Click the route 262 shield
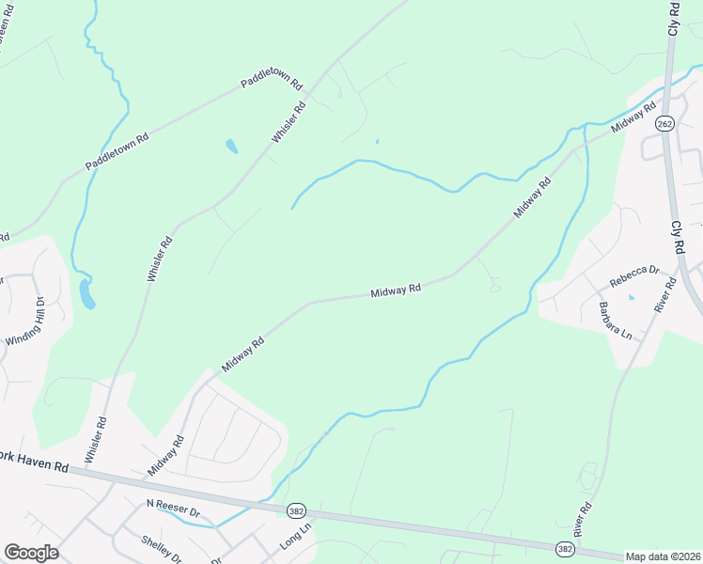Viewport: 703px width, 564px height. click(665, 124)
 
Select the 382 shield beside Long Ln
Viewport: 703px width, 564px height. click(295, 509)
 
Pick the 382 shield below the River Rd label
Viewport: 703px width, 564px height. click(565, 548)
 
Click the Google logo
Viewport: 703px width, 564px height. click(31, 552)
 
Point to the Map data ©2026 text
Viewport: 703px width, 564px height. click(663, 556)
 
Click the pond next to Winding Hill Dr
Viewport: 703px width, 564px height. click(86, 294)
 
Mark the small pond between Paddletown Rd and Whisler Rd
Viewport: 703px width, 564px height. click(231, 146)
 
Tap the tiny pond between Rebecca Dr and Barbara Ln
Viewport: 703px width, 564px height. click(631, 298)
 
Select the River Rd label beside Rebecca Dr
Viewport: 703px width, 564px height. click(666, 293)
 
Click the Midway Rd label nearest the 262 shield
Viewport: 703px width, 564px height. click(633, 119)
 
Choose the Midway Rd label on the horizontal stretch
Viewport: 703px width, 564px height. click(395, 290)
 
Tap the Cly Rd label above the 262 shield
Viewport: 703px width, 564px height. click(673, 19)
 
